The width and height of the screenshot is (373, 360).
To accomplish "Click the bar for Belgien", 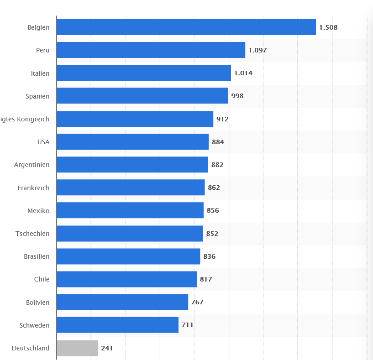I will (x=186, y=27).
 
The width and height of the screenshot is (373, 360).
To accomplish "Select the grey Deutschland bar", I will (x=77, y=348).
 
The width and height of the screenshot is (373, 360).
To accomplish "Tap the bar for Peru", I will (x=151, y=50).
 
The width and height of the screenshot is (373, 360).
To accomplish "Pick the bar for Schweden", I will (x=117, y=325).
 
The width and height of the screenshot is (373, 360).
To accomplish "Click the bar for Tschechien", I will (x=130, y=234).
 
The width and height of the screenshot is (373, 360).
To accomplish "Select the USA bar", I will (x=132, y=142).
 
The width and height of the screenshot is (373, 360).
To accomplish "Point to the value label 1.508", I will (x=328, y=27).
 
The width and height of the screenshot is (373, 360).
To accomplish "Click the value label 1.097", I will (x=257, y=50).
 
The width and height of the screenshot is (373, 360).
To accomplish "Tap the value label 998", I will (x=237, y=96).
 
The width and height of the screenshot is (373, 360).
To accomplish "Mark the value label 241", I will (x=107, y=348).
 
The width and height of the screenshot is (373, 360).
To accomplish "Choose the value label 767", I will (x=197, y=302).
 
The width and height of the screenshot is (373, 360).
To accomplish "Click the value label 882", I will (x=217, y=165).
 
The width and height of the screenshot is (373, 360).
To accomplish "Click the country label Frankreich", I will (x=33, y=188).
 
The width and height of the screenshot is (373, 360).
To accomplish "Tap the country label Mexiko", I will (x=38, y=210).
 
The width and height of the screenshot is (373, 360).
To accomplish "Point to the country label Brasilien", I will (x=37, y=256).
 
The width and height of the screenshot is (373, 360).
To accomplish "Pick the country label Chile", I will (x=42, y=279).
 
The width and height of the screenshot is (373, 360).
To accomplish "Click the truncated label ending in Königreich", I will (x=25, y=119).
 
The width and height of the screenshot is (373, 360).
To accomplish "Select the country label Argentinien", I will (x=32, y=165).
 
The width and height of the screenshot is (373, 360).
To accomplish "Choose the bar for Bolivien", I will (x=122, y=302).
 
